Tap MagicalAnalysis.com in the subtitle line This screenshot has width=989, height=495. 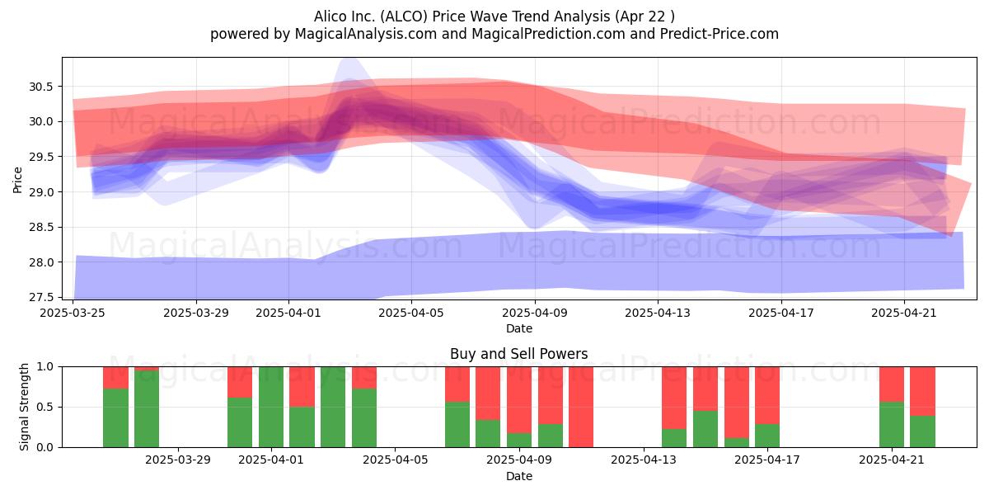point(366,34)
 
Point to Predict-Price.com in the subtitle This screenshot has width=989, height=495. point(719,34)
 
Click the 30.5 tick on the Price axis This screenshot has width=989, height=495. point(40,87)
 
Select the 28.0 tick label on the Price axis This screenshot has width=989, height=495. point(40,262)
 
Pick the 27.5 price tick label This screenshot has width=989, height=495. point(40,298)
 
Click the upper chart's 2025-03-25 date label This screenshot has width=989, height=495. point(73,313)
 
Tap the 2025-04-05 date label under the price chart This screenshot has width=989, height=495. point(411,313)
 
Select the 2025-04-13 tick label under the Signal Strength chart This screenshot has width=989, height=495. point(644,460)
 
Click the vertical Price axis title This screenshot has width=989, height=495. point(17,180)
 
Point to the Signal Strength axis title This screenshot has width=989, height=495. point(24,407)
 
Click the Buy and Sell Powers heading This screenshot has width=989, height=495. point(518,354)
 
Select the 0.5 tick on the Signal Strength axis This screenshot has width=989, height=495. point(45,407)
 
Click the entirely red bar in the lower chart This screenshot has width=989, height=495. point(581,407)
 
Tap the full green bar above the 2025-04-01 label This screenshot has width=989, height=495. point(271,407)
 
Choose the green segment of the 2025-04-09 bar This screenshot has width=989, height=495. point(519,441)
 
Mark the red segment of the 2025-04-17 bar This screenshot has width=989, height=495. point(767,395)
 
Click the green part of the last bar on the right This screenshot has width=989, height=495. point(923,431)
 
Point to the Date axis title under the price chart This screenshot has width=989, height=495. point(518,329)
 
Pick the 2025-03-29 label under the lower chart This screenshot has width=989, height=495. point(178,460)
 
